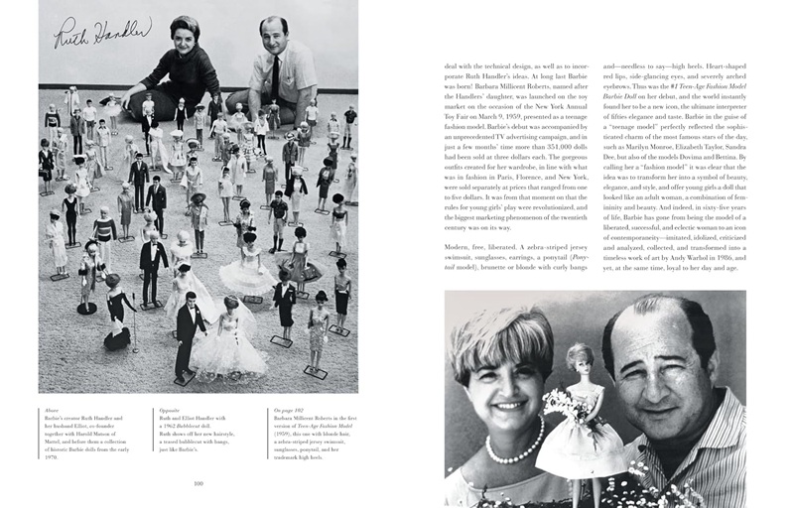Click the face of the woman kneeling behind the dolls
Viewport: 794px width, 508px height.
(184, 35)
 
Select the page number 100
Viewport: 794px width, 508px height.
(198, 483)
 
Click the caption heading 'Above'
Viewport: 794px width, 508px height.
(49, 408)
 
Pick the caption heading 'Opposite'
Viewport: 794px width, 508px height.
(166, 408)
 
